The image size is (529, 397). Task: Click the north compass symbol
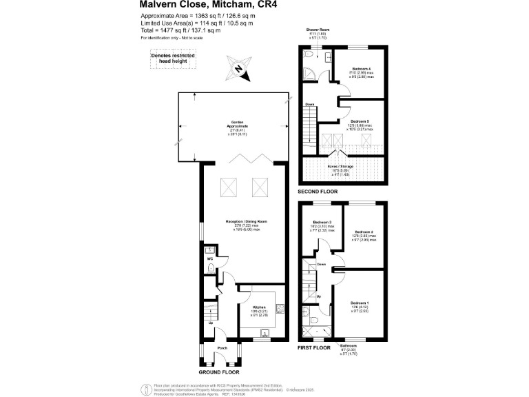tap(238, 68)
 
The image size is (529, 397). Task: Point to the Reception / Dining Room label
tap(246, 221)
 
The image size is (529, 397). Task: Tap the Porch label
tap(222, 348)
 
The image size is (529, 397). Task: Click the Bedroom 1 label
tap(360, 303)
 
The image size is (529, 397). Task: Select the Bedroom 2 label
tap(364, 232)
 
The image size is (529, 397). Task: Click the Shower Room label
tap(318, 30)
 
